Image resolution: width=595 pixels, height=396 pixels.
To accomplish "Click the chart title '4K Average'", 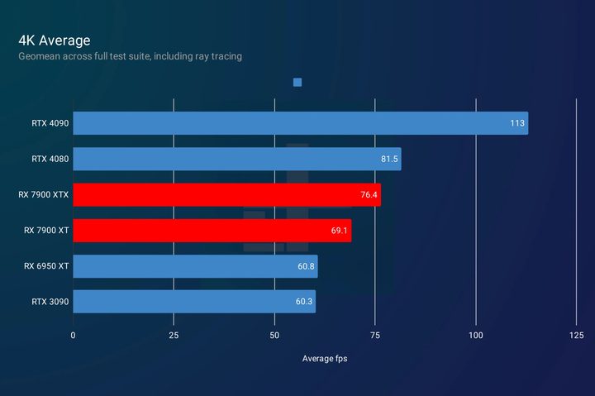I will pyautogui.click(x=54, y=40).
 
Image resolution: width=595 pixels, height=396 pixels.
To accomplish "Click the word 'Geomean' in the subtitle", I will pyautogui.click(x=38, y=56).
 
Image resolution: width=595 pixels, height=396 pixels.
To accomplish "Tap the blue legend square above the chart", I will pyautogui.click(x=297, y=82).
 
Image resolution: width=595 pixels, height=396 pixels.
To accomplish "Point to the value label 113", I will pyautogui.click(x=517, y=124).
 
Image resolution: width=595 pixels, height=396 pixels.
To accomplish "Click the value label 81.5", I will pyautogui.click(x=388, y=160).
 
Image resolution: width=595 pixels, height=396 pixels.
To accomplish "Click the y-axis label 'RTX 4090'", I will pyautogui.click(x=50, y=124).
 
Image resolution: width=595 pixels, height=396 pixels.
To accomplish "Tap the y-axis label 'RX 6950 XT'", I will pyautogui.click(x=46, y=266).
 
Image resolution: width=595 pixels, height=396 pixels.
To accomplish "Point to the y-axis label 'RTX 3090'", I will pyautogui.click(x=50, y=302).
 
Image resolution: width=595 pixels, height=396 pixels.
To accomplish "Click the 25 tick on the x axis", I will pyautogui.click(x=174, y=335).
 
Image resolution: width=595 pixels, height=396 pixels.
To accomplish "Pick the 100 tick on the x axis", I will pyautogui.click(x=476, y=335).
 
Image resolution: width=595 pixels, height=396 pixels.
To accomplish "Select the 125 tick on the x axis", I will pyautogui.click(x=577, y=335).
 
